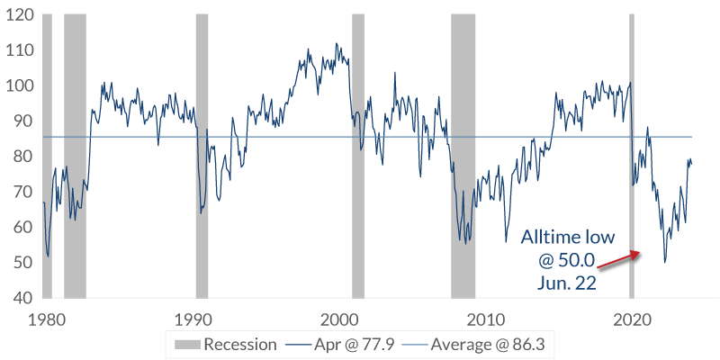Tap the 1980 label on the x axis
[x=47, y=319]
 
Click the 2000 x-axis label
[x=340, y=319]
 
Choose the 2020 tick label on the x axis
[x=633, y=319]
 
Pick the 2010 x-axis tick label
[x=487, y=319]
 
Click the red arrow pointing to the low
[x=618, y=260]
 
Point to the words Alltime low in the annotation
[x=563, y=238]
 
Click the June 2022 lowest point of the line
[x=665, y=262]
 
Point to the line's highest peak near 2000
[x=336, y=43]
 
